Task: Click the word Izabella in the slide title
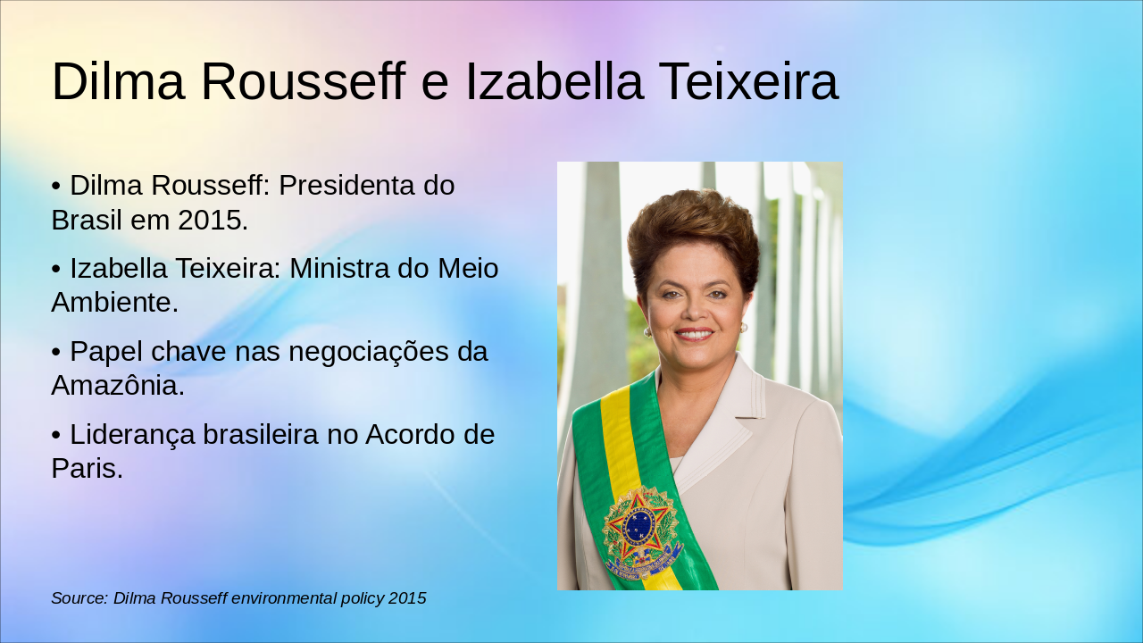(x=554, y=82)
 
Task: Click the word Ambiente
(x=114, y=303)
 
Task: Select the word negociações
(x=365, y=352)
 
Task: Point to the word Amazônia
(x=117, y=386)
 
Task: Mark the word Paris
(x=87, y=469)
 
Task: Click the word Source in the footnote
(x=79, y=598)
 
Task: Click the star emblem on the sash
(x=639, y=526)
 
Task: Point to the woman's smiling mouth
(x=694, y=334)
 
